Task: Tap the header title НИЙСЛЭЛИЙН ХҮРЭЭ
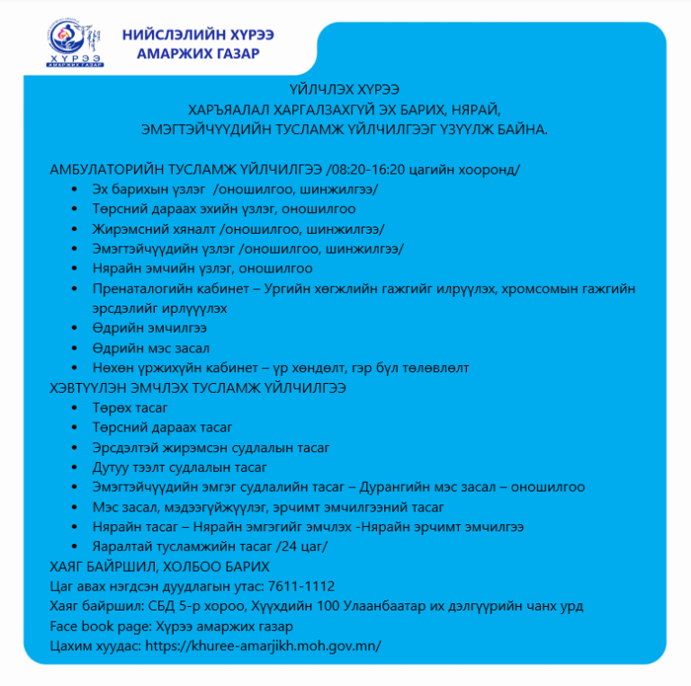tap(198, 34)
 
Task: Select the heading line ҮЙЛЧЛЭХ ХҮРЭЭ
tap(345, 89)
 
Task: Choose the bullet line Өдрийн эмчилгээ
tap(137, 328)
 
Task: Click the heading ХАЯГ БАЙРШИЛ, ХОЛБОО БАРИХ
tap(159, 566)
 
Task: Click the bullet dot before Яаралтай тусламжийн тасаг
tap(73, 547)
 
